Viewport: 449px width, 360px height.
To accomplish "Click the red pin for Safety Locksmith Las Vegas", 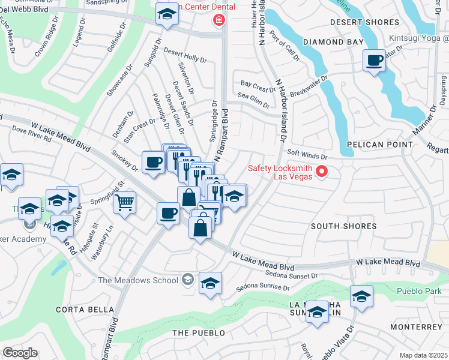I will coord(322,172).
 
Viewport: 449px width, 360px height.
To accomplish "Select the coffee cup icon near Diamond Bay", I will coord(375,61).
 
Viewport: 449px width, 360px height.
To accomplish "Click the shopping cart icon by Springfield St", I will coord(125,203).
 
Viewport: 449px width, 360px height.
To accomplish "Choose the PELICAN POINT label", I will coord(379,145).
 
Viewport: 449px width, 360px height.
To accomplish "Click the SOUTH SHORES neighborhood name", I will coord(344,226).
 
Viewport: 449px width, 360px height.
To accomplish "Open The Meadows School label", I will coord(139,280).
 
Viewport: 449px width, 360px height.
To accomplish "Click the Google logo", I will coord(20,352).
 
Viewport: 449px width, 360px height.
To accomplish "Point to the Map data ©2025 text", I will coord(423,355).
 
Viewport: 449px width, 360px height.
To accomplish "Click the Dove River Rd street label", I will coord(31,134).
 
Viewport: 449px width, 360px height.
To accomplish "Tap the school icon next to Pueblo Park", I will coord(361,296).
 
